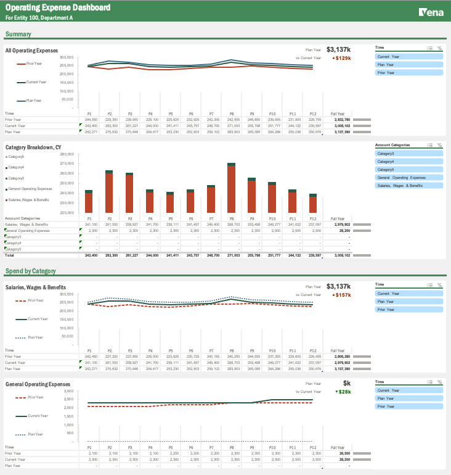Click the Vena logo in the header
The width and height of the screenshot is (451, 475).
(x=426, y=12)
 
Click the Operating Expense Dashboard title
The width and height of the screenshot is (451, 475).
(x=58, y=7)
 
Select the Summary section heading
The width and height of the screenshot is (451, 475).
(x=18, y=34)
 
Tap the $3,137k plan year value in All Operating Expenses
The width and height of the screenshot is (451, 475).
(x=338, y=49)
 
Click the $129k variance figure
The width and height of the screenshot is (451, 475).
(x=342, y=58)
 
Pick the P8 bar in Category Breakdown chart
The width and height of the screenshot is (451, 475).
(x=231, y=189)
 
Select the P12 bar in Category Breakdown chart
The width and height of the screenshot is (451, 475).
(x=313, y=204)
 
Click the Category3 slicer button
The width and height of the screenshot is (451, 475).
(x=408, y=153)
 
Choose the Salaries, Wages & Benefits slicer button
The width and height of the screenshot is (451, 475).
(x=408, y=185)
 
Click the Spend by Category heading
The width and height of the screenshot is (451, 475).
(x=30, y=271)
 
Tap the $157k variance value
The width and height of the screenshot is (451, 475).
(x=342, y=295)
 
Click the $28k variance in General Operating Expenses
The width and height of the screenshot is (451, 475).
(x=343, y=392)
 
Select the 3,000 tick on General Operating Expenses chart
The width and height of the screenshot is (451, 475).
(x=69, y=391)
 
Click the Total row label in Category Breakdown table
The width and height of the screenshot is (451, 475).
(x=9, y=255)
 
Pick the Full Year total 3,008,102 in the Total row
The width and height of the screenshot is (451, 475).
(x=342, y=255)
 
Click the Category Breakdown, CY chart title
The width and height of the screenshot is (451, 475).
(x=33, y=147)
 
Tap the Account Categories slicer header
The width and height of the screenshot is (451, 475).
(x=393, y=145)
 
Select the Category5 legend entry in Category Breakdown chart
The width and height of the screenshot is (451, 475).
(x=16, y=157)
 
